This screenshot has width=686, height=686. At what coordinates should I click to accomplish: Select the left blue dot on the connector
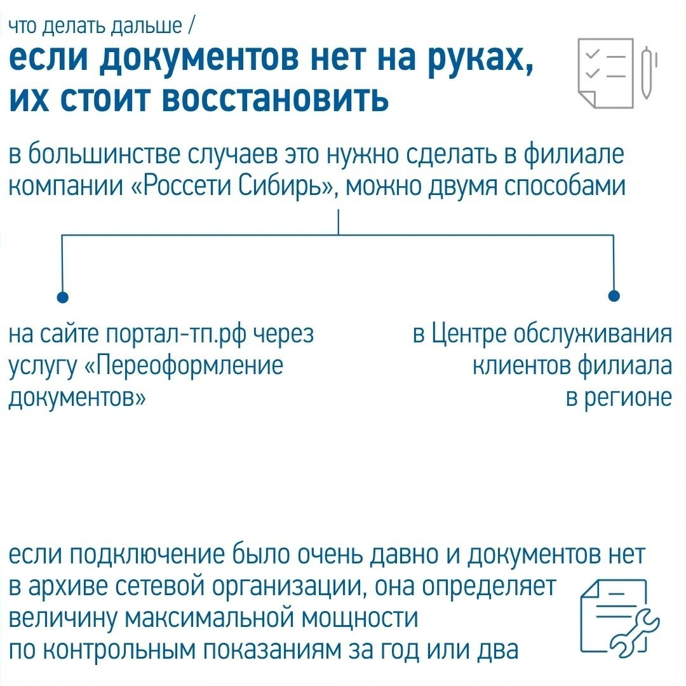tap(62, 296)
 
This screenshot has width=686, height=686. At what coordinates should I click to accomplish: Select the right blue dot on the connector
tap(614, 296)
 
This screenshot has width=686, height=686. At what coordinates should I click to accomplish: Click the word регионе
tap(619, 398)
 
